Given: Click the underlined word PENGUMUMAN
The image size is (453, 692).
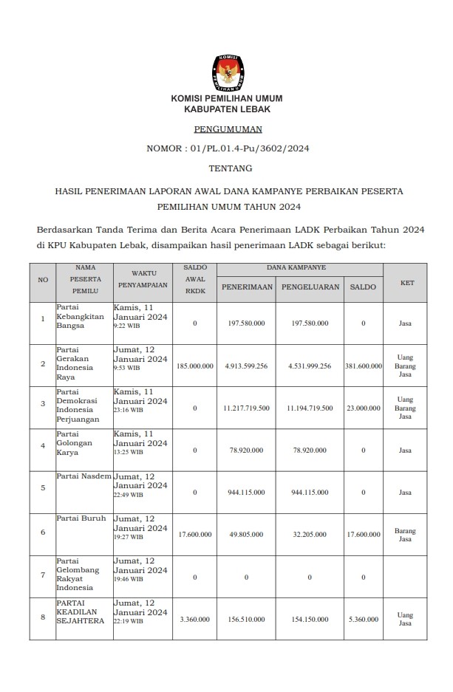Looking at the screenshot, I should tap(226, 129).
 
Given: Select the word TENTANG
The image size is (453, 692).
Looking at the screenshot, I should tap(226, 168).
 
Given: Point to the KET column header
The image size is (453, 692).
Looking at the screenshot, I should tap(406, 282).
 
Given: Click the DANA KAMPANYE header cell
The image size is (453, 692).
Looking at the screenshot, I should tap(301, 267).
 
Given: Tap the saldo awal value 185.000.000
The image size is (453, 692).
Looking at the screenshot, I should tap(195, 366).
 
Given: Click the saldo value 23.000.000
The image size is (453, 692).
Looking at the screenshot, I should tap(363, 408).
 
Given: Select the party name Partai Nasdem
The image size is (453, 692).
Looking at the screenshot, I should tap(84, 476).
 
